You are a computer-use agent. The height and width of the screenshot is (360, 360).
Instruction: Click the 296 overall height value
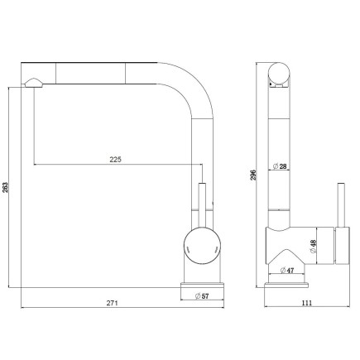pyautogui.click(x=254, y=174)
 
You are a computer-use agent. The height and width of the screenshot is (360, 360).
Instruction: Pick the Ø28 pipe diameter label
pyautogui.click(x=282, y=167)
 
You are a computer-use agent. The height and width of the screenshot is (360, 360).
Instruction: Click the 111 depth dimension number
pyautogui.click(x=306, y=303)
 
